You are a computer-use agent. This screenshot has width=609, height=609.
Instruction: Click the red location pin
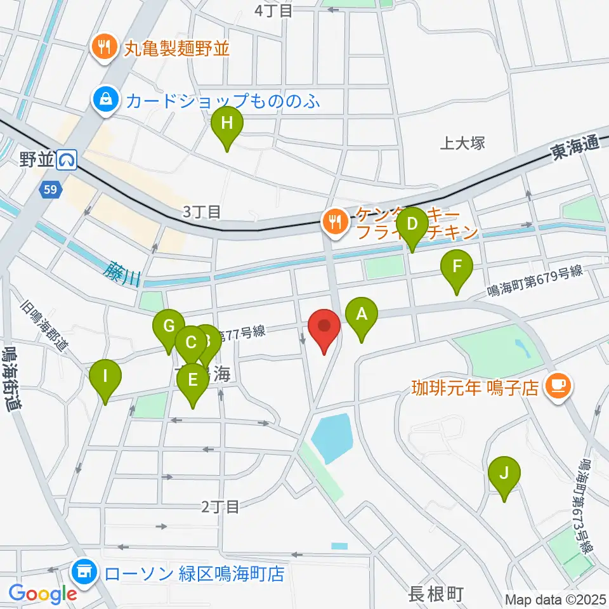[x=324, y=328]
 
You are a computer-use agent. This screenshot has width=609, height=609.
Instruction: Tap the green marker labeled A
[x=362, y=315]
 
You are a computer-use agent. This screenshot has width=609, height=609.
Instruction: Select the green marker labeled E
[x=192, y=381]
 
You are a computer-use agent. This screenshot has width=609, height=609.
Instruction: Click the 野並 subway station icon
[x=67, y=160]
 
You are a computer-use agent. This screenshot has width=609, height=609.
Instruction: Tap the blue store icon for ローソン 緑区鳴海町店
[x=84, y=573]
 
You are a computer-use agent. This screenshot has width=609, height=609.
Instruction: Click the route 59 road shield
[x=50, y=188]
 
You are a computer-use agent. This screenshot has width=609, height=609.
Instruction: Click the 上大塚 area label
[x=462, y=143]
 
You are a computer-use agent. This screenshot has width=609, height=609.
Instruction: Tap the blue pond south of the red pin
[x=331, y=438]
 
